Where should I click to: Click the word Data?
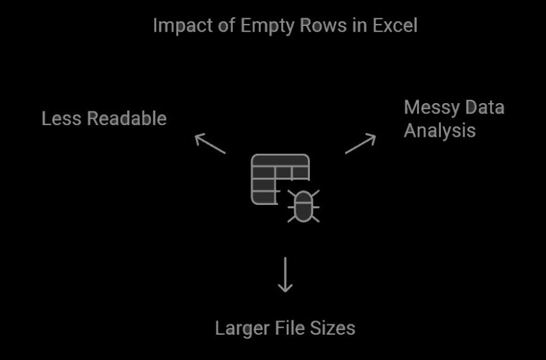[x=483, y=108]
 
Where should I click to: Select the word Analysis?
[x=440, y=130]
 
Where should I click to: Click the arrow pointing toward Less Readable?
[x=210, y=143]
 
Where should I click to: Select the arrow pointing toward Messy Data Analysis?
[x=360, y=143]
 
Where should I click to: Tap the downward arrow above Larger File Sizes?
[x=285, y=275]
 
